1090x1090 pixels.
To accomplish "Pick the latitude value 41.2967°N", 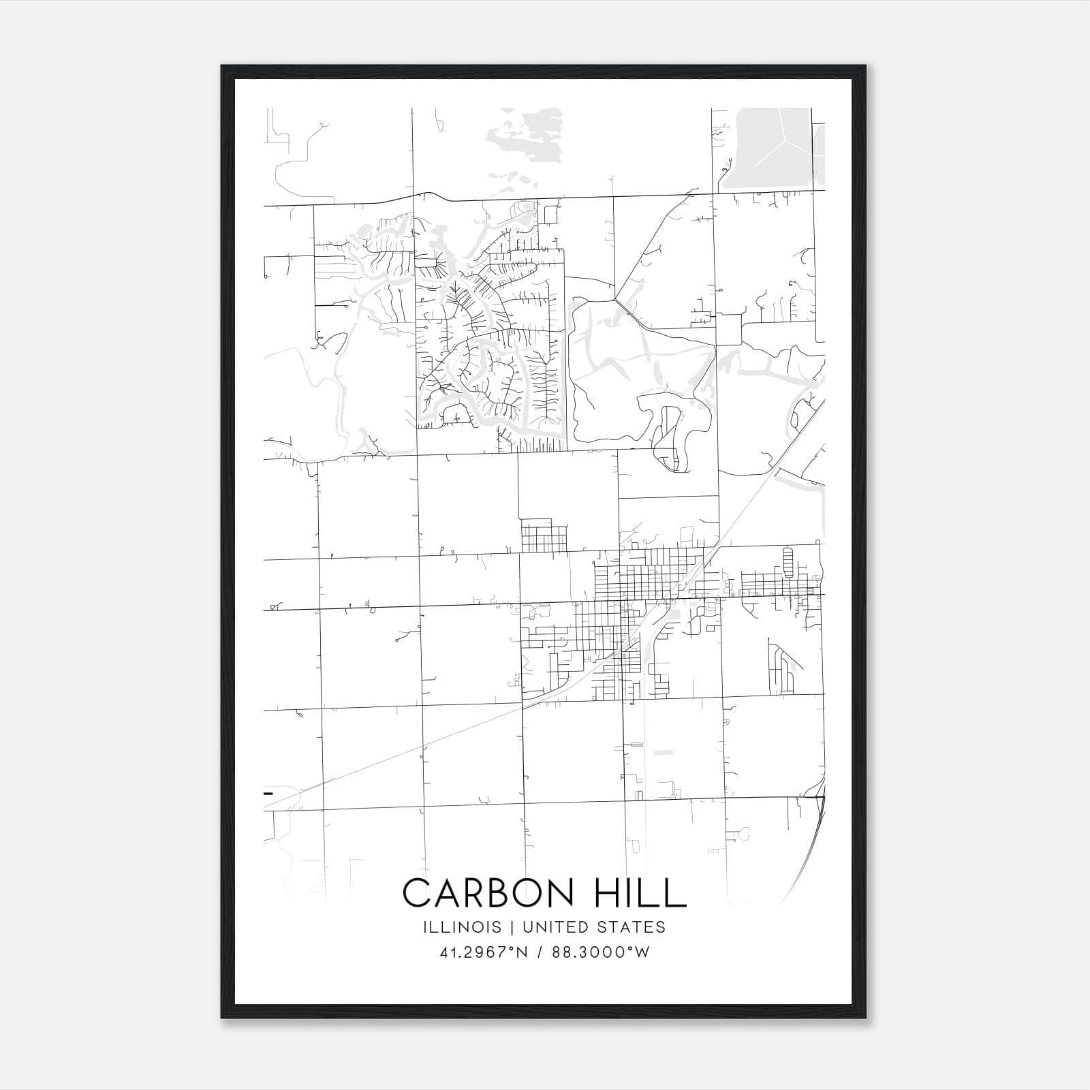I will [484, 952].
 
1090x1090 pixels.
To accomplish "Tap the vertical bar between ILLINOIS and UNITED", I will [510, 927].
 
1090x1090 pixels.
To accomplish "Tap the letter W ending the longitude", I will [643, 952].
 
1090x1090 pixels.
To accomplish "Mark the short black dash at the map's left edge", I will [268, 794].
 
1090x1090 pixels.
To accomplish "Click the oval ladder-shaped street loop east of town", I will [788, 562].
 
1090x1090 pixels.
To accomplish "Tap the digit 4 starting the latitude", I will [444, 952].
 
